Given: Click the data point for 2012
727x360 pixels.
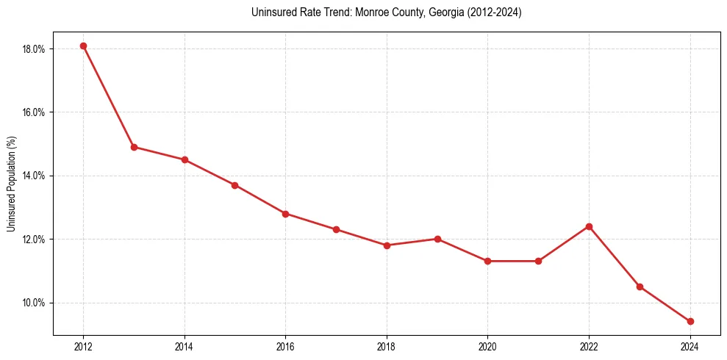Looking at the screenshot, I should (x=83, y=46).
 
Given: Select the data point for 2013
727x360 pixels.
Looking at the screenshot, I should (x=134, y=147).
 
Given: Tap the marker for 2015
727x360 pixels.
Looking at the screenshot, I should (x=234, y=185).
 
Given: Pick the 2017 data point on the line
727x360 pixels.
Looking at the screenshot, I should (x=336, y=229).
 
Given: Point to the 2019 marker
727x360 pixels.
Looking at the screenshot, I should (x=437, y=239).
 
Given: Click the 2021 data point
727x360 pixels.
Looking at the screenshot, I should (x=538, y=261).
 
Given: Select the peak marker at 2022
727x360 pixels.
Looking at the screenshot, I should (x=589, y=226).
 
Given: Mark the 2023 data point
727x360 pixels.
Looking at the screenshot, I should (x=640, y=287).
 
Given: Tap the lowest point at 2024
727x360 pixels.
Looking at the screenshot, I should (x=690, y=321).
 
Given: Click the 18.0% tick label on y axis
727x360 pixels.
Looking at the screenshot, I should (x=34, y=49).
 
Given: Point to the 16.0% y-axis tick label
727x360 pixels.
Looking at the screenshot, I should (x=34, y=112).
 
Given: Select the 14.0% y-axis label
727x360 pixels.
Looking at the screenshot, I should (x=34, y=176).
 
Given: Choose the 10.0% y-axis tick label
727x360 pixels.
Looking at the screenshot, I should (x=34, y=303).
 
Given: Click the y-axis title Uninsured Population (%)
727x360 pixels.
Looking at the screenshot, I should (x=11, y=184).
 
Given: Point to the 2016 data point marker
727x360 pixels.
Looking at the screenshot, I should (x=285, y=214).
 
